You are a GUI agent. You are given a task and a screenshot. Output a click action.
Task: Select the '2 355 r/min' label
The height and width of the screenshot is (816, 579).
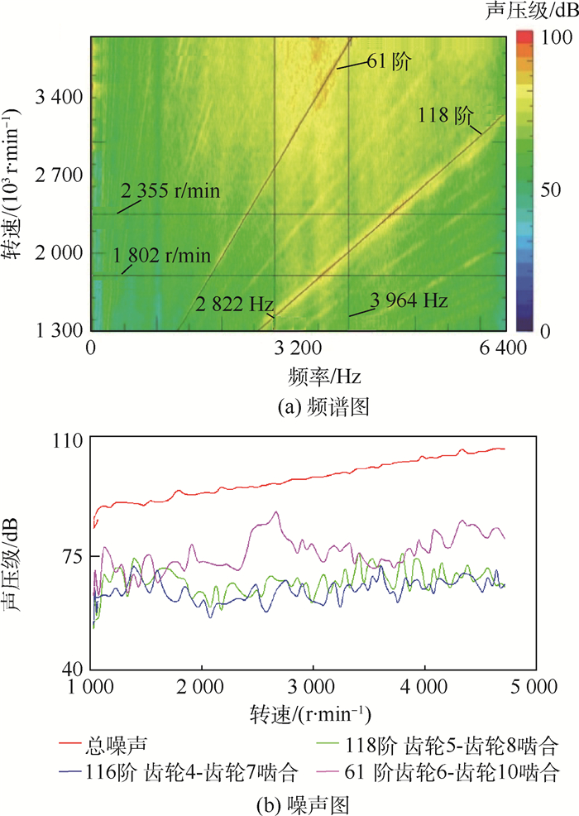(x=171, y=193)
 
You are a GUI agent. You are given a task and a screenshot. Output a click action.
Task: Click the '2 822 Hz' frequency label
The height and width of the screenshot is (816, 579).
(x=235, y=304)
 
